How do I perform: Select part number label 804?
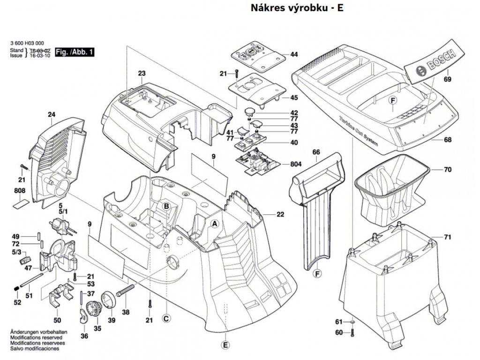[296, 164]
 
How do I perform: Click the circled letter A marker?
[215, 224]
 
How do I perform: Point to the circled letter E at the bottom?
[225, 345]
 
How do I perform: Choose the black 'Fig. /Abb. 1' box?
[75, 52]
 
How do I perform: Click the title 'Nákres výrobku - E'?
[297, 7]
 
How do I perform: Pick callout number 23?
[142, 74]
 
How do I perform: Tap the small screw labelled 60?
[352, 332]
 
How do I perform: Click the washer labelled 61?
[352, 322]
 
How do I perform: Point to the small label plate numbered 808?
[21, 203]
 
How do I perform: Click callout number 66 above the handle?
[316, 152]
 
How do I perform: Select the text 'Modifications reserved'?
[35, 337]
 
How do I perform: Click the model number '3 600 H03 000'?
[27, 44]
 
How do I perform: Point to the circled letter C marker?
[165, 319]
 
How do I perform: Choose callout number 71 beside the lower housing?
[447, 237]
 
